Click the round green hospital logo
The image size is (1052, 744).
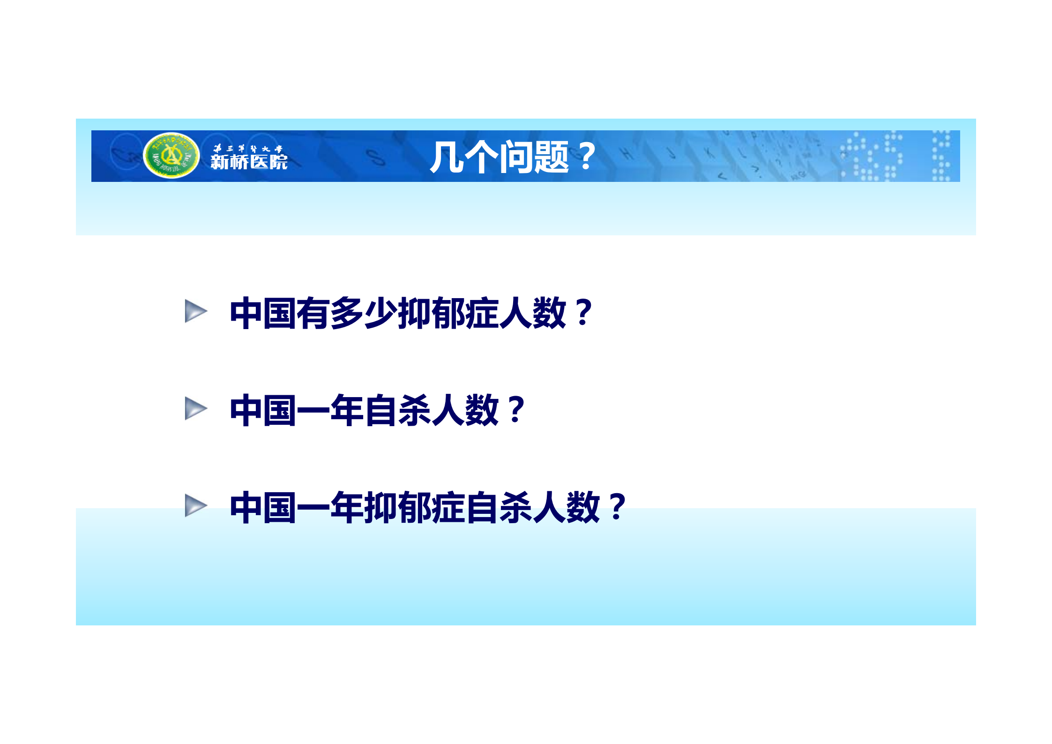pos(171,156)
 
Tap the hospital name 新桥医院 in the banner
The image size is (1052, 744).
pos(249,162)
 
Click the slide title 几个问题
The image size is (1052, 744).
pos(499,157)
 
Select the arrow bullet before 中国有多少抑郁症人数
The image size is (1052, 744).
pos(195,311)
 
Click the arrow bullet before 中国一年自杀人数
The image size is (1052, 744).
pos(195,408)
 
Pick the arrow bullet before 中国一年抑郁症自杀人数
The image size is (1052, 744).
pos(195,505)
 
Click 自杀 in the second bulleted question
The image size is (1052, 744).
pos(397,410)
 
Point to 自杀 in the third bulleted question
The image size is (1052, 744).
pos(498,508)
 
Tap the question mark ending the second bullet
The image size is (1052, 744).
pos(516,410)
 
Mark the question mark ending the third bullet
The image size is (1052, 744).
pos(618,508)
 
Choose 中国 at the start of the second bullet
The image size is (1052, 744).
pos(262,410)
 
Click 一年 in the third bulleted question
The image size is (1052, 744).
pos(330,508)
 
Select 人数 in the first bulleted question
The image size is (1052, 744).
pos(532,313)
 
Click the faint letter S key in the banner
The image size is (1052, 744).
pos(375,157)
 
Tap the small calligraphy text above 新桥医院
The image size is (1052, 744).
pos(248,149)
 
